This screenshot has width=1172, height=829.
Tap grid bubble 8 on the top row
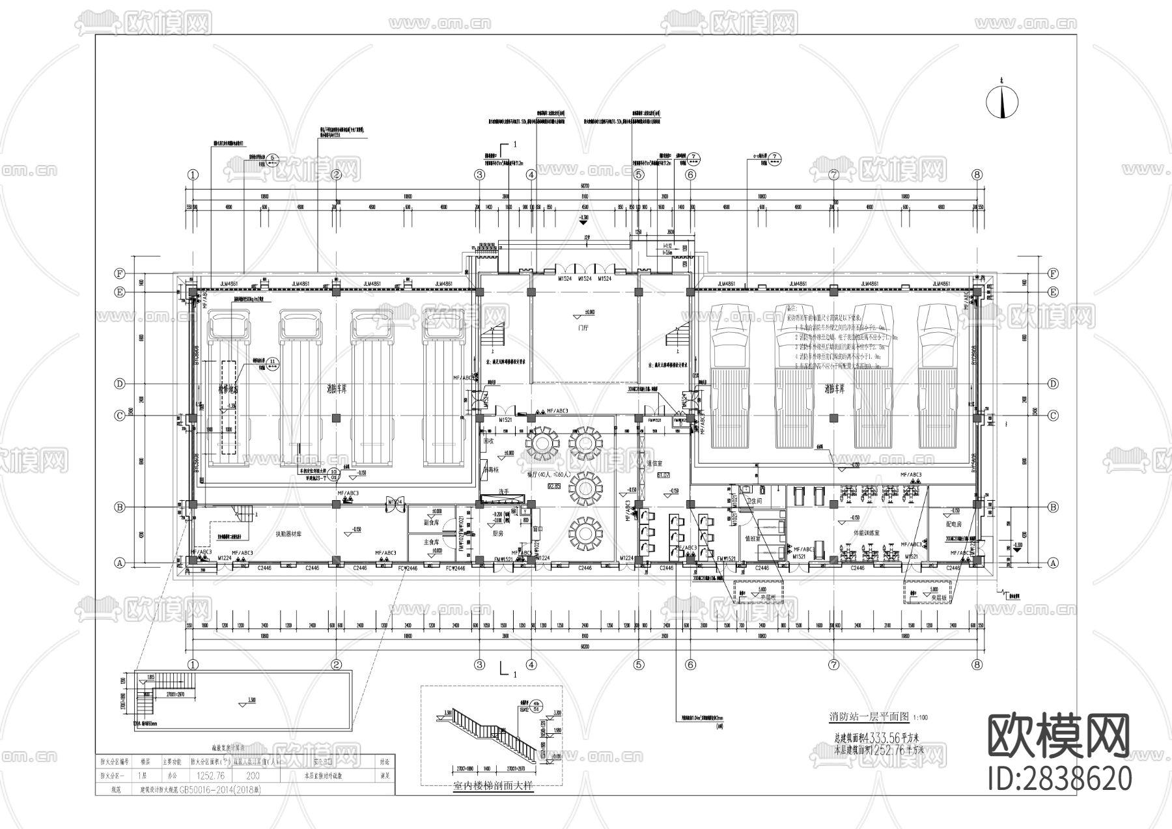pos(977,175)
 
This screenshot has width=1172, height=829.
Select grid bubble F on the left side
pos(120,274)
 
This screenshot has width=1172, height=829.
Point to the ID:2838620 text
pos(1059,778)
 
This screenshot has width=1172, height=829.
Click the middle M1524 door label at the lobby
pos(584,279)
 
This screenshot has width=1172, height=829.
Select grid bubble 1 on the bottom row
pos(193,664)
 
